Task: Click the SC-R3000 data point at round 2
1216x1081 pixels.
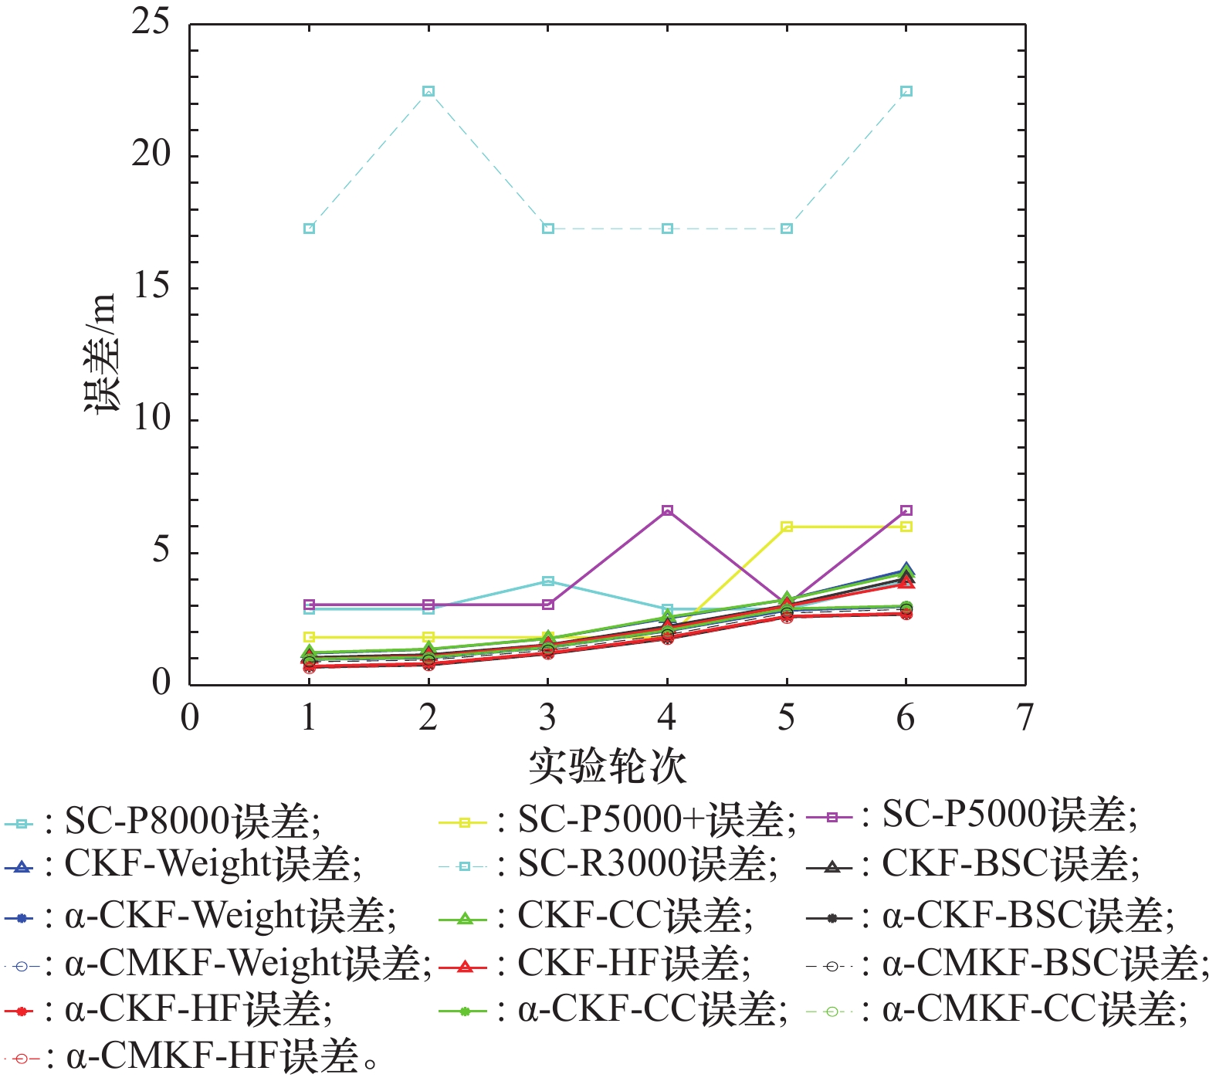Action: tap(428, 91)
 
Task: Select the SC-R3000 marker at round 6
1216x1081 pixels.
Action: tap(906, 91)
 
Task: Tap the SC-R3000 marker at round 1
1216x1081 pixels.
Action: tap(309, 229)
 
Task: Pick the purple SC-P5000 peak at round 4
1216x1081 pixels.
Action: tap(667, 510)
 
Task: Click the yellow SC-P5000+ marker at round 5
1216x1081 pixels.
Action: tap(787, 527)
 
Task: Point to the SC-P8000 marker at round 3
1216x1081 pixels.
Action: tap(548, 581)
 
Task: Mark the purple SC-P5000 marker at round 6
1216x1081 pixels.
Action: tap(906, 510)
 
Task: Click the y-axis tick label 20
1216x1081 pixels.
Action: tap(151, 154)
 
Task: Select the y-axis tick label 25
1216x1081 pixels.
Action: tap(151, 22)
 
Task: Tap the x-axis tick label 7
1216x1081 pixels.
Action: tap(1025, 717)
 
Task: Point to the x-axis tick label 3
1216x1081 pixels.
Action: tap(547, 717)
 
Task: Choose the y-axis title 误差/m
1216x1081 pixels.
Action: tap(102, 354)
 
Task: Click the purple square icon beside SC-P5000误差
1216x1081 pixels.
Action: tap(832, 817)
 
